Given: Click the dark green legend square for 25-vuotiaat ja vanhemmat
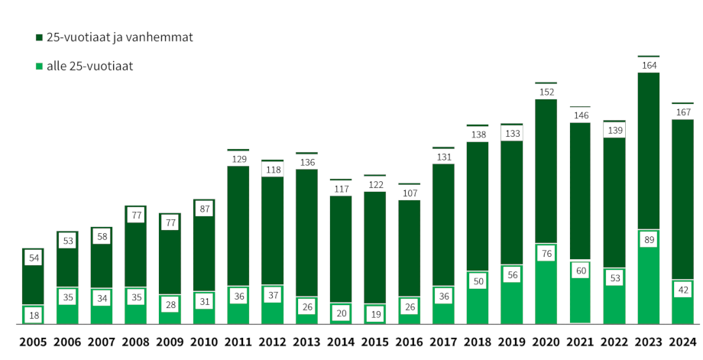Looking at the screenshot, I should tap(39, 37).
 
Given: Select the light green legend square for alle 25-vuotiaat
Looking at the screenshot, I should tap(39, 66).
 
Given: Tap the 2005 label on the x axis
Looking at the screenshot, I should tap(33, 342).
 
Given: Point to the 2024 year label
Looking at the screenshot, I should tap(683, 342).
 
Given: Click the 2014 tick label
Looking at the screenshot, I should tap(341, 342).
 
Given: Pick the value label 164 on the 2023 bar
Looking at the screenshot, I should tap(649, 66).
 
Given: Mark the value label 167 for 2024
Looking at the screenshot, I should tap(683, 113).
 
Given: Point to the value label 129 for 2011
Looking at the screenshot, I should tap(238, 159).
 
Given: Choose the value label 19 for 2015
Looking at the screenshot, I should tap(375, 314).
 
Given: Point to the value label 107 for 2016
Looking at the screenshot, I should tap(410, 193).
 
